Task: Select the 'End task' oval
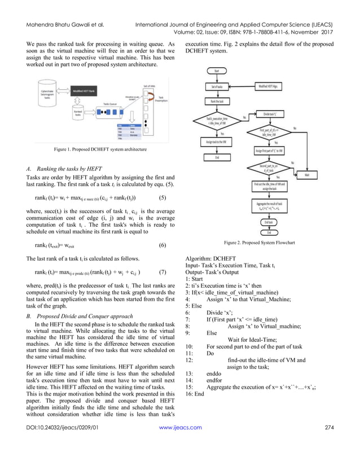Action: [x=269, y=222]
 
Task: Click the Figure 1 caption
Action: [x=100, y=149]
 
